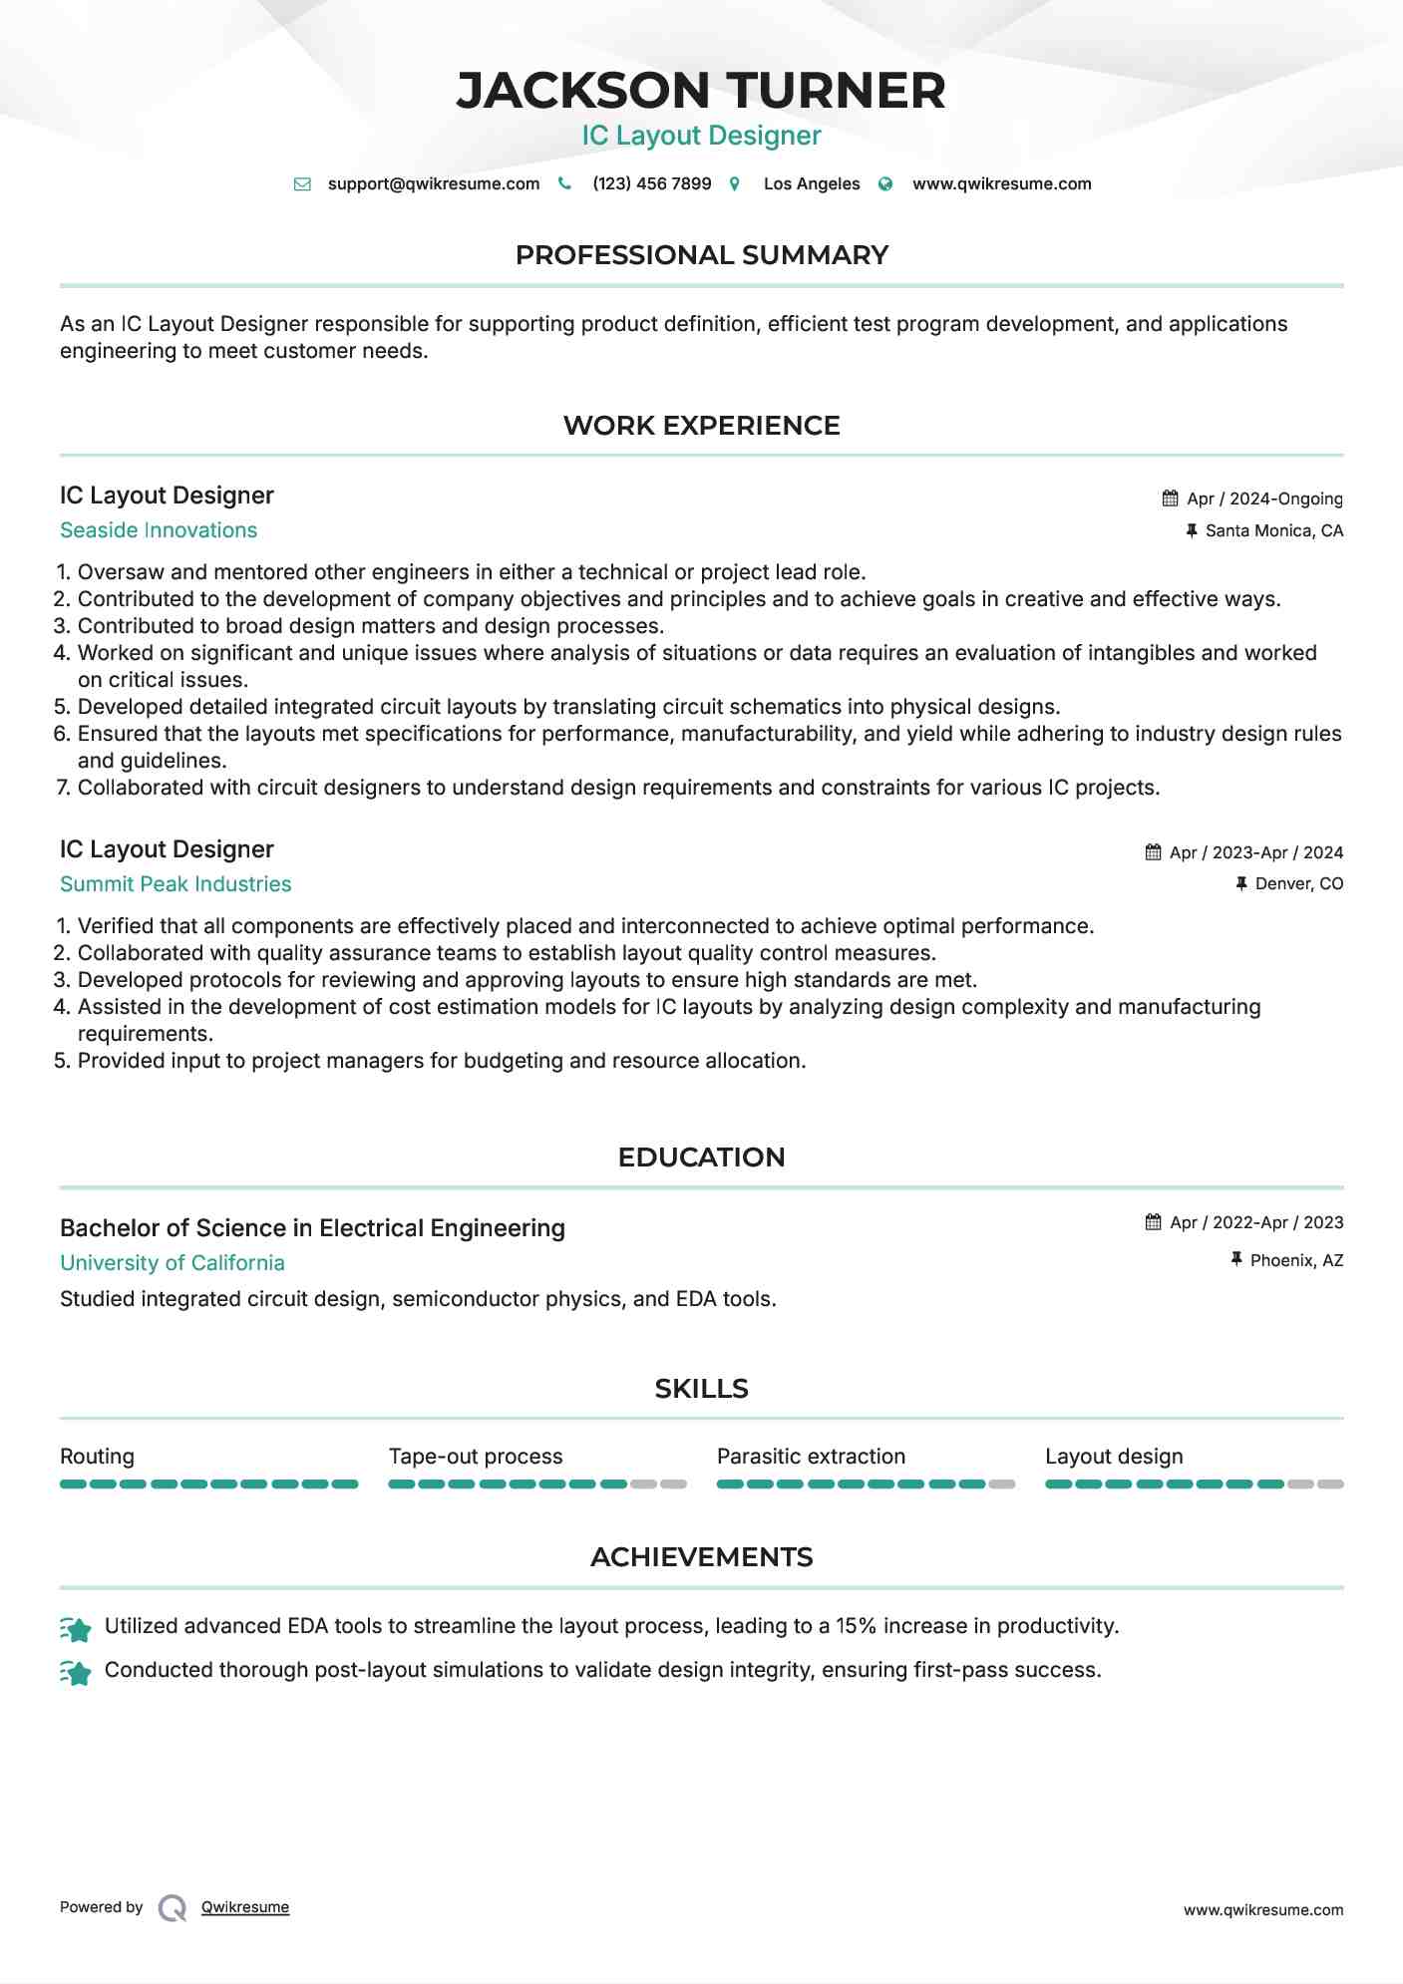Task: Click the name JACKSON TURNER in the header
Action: [701, 91]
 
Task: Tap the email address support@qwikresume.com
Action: [433, 183]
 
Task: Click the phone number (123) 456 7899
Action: [651, 183]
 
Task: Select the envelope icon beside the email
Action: [302, 184]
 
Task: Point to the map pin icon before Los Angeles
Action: [735, 184]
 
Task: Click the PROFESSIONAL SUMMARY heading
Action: [701, 255]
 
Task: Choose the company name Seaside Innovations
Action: [159, 530]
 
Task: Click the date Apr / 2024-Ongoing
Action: [1264, 498]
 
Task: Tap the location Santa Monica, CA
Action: [1273, 530]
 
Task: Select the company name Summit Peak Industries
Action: [175, 884]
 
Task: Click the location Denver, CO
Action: [1298, 883]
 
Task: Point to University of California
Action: [173, 1263]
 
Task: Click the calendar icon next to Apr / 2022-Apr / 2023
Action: [1154, 1222]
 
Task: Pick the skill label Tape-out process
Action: [476, 1457]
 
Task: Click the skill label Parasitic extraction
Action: [811, 1457]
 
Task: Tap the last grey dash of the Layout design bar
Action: [1330, 1485]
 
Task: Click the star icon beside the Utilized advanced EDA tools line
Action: [76, 1628]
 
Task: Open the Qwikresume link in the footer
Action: [245, 1907]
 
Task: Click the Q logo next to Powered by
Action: [173, 1908]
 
